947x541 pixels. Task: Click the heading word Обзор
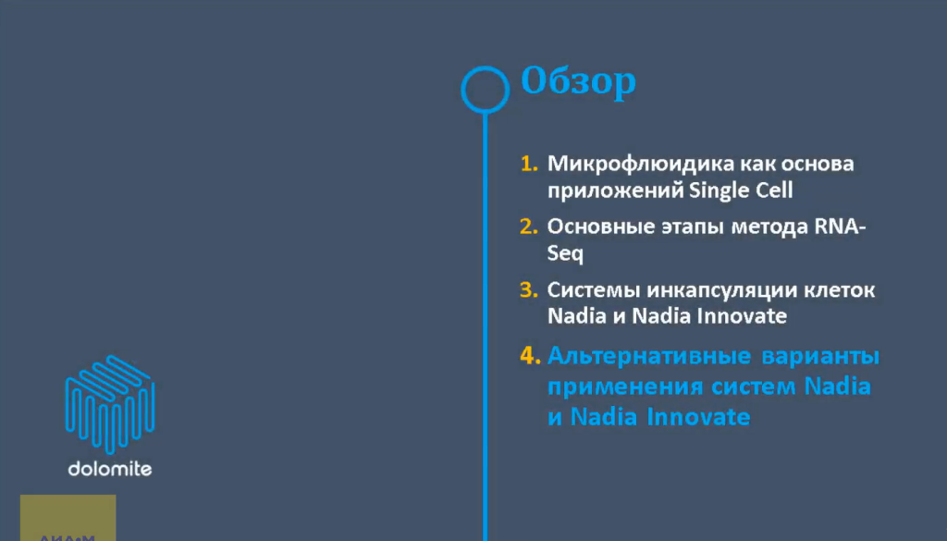578,82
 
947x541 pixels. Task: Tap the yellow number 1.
529,165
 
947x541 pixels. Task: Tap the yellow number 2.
529,227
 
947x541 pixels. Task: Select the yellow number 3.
529,289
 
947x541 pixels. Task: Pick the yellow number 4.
529,356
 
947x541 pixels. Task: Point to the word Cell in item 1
772,191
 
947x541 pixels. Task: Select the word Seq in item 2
565,253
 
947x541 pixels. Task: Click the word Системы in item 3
592,289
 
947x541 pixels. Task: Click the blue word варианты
822,356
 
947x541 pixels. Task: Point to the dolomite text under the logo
109,469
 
